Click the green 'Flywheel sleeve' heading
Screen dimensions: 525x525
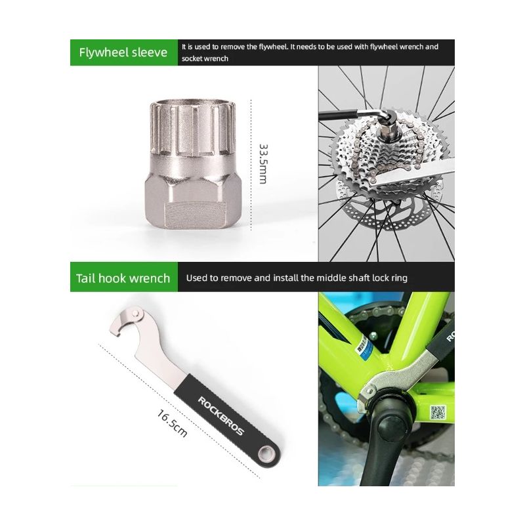[124, 52]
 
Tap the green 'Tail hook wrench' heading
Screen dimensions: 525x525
[124, 278]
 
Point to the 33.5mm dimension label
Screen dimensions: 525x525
[263, 163]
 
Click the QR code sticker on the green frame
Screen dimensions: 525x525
[438, 413]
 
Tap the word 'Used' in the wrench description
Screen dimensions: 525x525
[198, 278]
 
